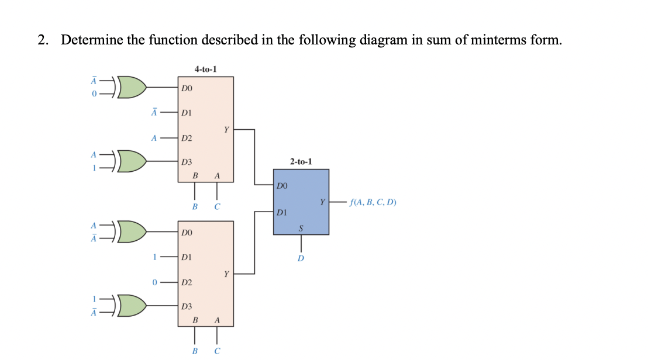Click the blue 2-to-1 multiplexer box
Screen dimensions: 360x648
click(301, 202)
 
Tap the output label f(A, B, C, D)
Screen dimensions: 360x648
click(372, 203)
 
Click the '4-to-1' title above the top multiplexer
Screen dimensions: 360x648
click(205, 69)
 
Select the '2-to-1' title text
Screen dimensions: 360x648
click(301, 161)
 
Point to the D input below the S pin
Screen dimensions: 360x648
click(301, 258)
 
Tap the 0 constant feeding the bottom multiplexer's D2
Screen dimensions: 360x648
click(154, 282)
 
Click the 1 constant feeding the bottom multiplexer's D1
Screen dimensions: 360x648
click(154, 257)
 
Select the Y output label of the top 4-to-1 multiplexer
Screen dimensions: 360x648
click(226, 130)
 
